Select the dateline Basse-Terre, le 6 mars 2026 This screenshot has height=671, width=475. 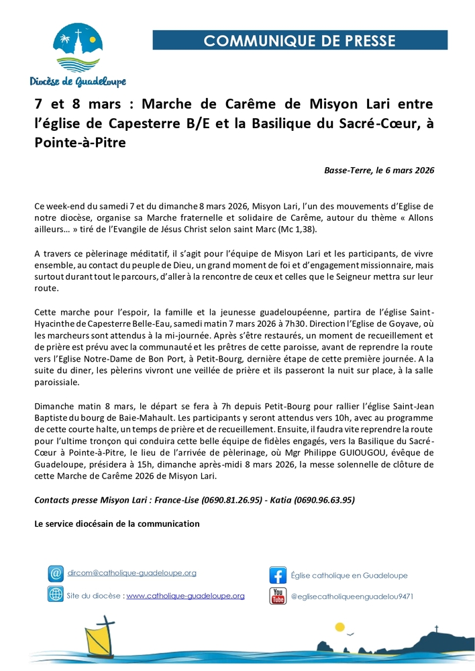click(379, 170)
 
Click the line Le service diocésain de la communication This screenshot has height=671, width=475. click(117, 523)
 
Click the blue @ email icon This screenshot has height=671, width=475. click(56, 574)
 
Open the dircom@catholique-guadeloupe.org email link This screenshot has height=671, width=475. click(132, 573)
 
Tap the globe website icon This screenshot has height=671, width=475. click(56, 595)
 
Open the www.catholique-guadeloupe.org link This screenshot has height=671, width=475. click(185, 595)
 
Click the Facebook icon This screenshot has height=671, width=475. click(278, 575)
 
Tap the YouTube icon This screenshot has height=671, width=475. click(278, 595)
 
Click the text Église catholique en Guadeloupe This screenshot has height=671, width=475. click(349, 575)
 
